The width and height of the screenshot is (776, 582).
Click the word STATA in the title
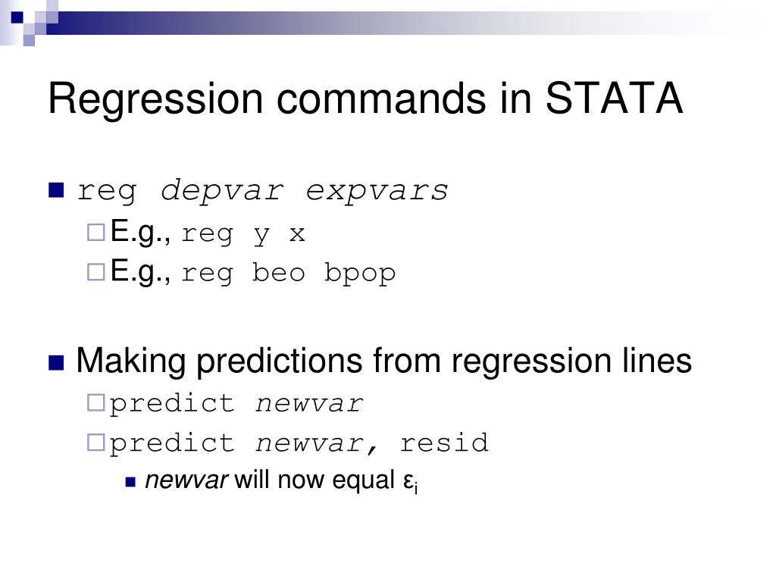click(x=614, y=98)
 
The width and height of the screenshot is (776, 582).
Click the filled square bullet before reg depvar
click(x=56, y=190)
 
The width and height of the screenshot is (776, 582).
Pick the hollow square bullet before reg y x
click(x=96, y=233)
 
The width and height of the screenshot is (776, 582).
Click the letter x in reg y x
click(x=297, y=234)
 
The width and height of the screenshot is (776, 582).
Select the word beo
click(x=278, y=272)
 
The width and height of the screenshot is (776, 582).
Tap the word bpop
click(x=360, y=274)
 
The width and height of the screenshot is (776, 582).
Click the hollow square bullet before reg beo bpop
click(x=96, y=272)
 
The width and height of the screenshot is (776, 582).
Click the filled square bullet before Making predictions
click(x=56, y=363)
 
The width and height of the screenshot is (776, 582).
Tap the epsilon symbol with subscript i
click(x=410, y=481)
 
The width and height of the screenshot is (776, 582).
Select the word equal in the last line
click(x=363, y=481)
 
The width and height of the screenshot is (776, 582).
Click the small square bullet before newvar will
click(x=130, y=482)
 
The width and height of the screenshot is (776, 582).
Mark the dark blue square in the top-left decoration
click(x=17, y=17)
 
